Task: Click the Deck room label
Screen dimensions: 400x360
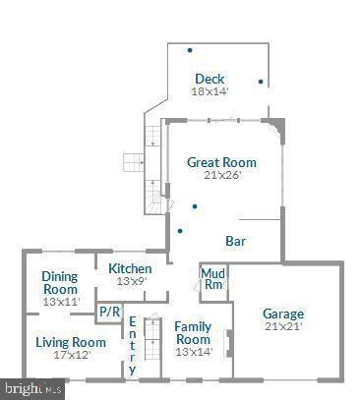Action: [210, 80]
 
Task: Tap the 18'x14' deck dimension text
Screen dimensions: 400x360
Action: [210, 92]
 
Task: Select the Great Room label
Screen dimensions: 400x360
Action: [221, 162]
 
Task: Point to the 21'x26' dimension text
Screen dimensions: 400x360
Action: [222, 176]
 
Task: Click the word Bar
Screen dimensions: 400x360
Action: [235, 241]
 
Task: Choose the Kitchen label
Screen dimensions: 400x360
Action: [130, 268]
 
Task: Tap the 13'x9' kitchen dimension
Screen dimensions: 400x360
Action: [130, 281]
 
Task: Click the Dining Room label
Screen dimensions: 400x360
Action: [60, 283]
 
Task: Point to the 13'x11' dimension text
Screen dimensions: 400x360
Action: [61, 302]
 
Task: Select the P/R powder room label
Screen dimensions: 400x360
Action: [108, 313]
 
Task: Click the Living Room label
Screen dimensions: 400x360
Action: [71, 342]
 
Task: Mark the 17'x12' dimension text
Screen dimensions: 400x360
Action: [71, 355]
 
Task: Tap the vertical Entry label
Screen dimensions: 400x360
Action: [133, 343]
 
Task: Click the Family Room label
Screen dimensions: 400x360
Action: [193, 332]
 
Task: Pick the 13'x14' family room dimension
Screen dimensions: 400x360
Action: [193, 352]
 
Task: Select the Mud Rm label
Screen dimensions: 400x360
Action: [212, 278]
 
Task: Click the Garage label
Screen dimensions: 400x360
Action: [282, 314]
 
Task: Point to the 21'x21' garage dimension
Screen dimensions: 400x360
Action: [282, 326]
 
